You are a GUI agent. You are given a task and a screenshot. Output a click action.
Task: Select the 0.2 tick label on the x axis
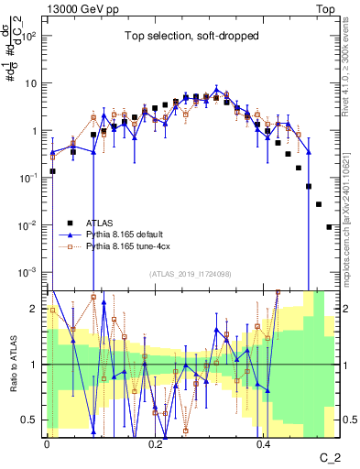[155, 442]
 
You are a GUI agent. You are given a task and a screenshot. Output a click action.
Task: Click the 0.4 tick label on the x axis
[263, 442]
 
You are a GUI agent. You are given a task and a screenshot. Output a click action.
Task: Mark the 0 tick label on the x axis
[47, 442]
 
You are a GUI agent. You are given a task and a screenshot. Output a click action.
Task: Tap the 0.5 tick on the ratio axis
[31, 420]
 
